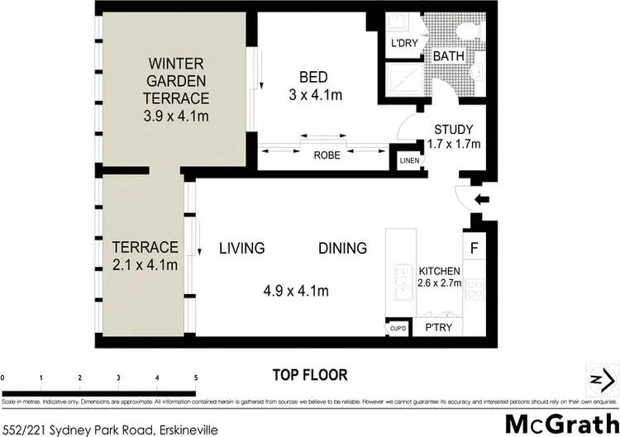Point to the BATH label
449,57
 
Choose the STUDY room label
454,129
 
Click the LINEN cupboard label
408,161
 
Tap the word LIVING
241,248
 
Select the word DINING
343,248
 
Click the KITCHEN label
439,271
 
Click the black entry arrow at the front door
484,198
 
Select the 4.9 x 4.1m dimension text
296,291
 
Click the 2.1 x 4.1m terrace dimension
145,264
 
